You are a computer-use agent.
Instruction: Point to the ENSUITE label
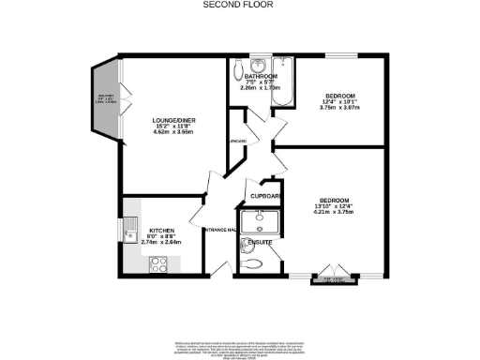(x=260, y=243)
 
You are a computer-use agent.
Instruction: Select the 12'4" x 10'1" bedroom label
(x=338, y=96)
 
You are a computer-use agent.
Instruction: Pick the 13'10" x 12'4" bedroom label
(x=334, y=201)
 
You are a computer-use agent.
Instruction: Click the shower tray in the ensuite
(x=253, y=221)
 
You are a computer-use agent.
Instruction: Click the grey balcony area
(x=103, y=100)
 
